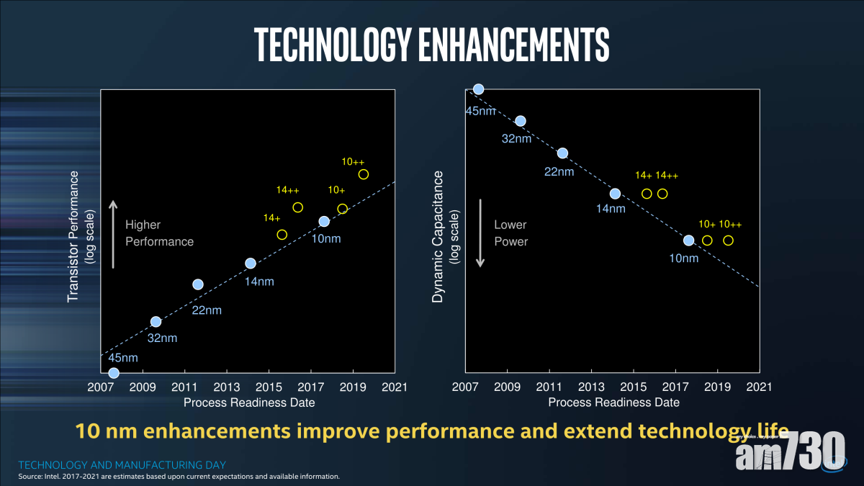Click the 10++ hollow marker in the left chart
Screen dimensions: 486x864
[364, 174]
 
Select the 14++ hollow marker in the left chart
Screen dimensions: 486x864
[297, 207]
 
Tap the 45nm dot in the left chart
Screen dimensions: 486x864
[113, 373]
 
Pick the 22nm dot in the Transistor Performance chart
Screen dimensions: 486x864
[198, 284]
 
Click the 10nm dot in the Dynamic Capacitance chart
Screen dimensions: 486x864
[688, 240]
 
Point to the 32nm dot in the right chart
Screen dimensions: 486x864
[521, 121]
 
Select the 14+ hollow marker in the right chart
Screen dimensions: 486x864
[647, 194]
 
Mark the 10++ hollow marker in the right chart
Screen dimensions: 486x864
[728, 240]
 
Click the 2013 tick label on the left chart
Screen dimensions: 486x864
[227, 387]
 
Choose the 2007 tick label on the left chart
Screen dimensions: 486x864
[101, 387]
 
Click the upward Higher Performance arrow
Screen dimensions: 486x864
[113, 233]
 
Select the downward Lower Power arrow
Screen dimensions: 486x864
[480, 233]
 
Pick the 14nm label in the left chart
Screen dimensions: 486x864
[259, 282]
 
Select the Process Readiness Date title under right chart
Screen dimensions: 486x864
[613, 402]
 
